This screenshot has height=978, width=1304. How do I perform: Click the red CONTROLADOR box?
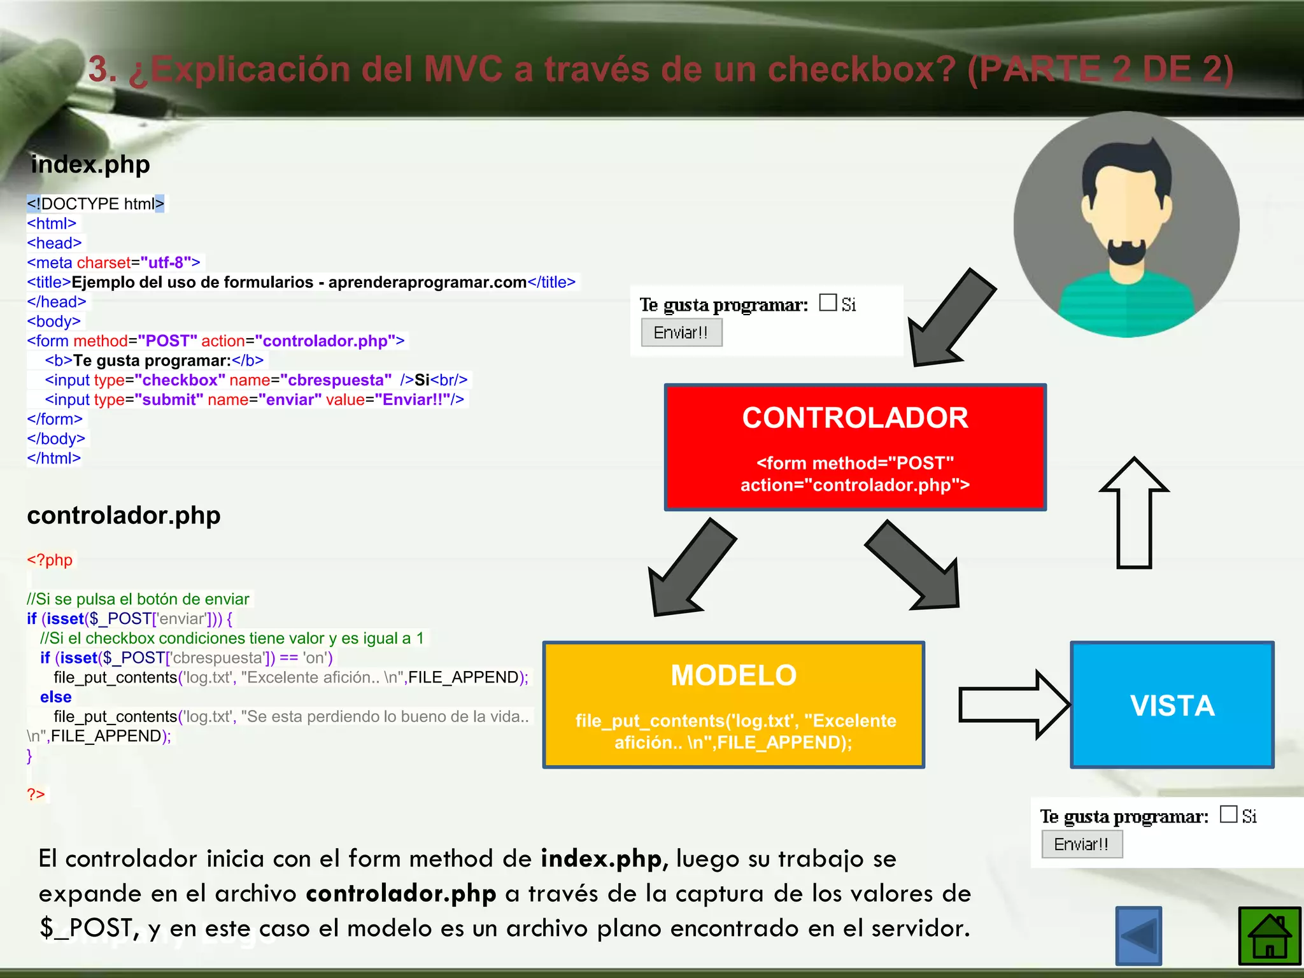click(854, 447)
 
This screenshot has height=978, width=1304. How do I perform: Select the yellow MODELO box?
click(733, 705)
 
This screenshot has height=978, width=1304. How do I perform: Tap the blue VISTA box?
click(1172, 705)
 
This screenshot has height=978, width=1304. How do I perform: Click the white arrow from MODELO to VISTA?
click(1012, 705)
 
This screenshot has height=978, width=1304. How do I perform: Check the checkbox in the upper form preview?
click(828, 302)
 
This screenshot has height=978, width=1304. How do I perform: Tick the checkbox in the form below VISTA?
click(1228, 814)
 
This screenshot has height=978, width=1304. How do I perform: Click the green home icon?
click(1269, 936)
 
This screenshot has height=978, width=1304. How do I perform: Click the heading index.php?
click(90, 164)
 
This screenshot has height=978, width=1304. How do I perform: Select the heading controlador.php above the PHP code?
click(124, 515)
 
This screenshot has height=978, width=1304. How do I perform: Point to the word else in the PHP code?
click(55, 697)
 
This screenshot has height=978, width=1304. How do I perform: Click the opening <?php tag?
click(50, 560)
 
